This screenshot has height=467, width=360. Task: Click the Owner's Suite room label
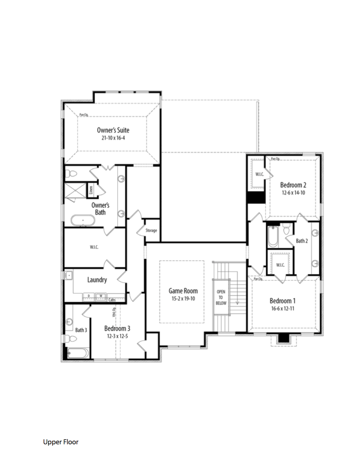coord(113,130)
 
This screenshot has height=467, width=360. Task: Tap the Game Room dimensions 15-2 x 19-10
coord(183,298)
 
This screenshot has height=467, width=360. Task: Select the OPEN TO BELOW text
coord(221,298)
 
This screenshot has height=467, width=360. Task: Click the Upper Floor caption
coord(61,442)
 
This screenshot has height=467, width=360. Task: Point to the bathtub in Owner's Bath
coord(83,221)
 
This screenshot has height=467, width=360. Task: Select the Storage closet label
coord(151,231)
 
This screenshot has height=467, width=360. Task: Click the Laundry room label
coord(97,280)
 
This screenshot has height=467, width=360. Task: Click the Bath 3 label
coord(81,330)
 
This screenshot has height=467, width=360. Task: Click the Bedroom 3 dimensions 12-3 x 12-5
coord(117,336)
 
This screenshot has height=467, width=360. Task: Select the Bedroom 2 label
coord(293,185)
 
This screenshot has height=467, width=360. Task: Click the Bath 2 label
coord(302,241)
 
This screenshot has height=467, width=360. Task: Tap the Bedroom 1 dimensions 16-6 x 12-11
coord(282,308)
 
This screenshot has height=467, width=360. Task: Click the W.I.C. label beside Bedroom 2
coord(259,174)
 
